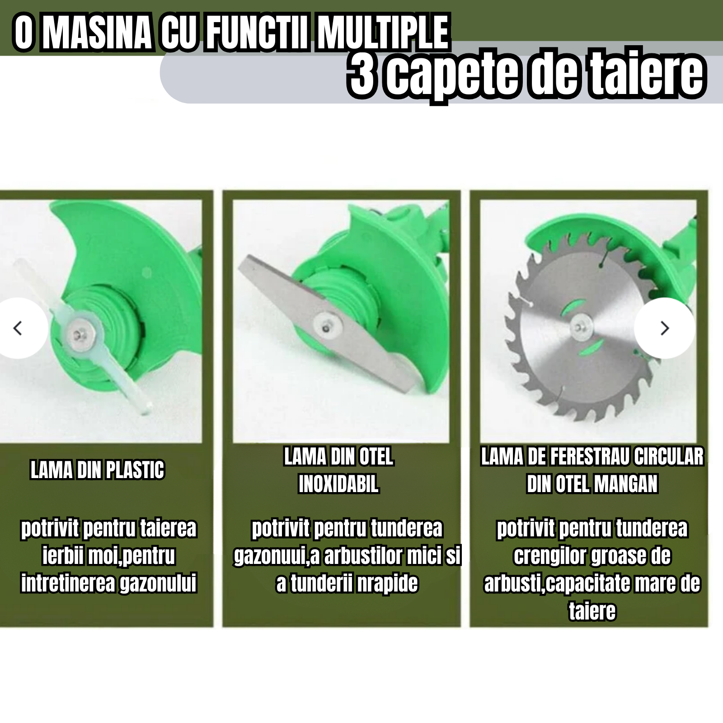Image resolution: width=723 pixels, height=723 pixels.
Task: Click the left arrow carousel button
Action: click(x=18, y=328)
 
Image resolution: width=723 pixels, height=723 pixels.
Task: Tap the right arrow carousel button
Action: click(x=664, y=328)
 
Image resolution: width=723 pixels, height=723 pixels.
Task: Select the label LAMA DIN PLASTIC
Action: click(x=97, y=470)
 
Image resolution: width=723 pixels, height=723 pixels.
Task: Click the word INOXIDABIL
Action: click(x=338, y=484)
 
